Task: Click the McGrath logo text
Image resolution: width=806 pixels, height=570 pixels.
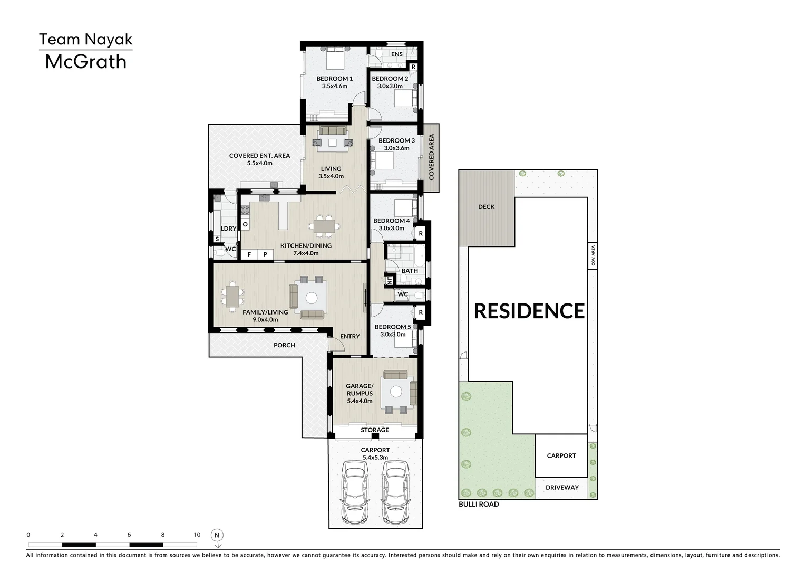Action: point(85,62)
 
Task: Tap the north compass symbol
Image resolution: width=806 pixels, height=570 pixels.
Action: point(217,538)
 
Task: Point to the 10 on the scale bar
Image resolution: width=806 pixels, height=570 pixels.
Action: point(197,535)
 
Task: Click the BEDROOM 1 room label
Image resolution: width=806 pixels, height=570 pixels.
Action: point(335,79)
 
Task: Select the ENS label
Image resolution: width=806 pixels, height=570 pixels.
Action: point(397,54)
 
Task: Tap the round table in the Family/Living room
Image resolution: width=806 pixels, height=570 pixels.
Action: point(312,298)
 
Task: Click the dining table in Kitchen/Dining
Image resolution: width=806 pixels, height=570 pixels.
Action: point(324,226)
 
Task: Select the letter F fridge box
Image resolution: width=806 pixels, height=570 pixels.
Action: point(249,254)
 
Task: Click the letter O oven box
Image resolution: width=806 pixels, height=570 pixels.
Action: point(245,224)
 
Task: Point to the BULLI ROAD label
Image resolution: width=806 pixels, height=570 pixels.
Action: point(479,505)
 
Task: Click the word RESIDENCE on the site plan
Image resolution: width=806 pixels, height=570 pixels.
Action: point(529,311)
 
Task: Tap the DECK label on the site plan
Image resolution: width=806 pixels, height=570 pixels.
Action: point(487,207)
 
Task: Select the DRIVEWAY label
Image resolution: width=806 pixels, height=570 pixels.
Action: point(562,488)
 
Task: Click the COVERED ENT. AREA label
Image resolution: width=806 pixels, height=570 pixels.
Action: point(259,156)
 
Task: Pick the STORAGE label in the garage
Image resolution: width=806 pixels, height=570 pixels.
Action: point(375,430)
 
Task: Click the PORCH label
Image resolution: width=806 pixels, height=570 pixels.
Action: point(284,345)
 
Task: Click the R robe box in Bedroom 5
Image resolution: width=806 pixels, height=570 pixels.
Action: point(421,312)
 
